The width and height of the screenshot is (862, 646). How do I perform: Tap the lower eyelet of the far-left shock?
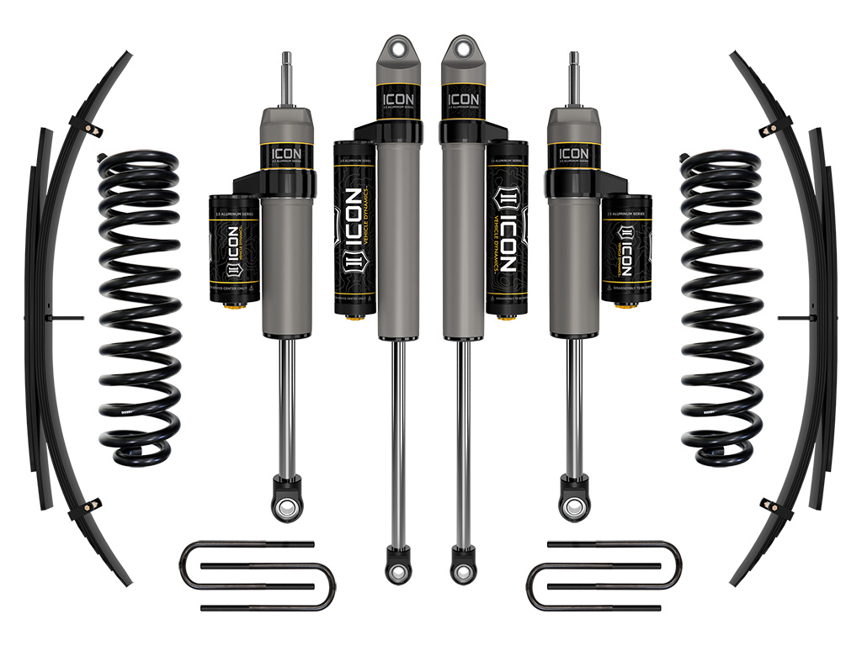pyautogui.click(x=287, y=506)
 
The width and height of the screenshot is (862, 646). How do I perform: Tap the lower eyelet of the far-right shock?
pyautogui.click(x=575, y=506)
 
